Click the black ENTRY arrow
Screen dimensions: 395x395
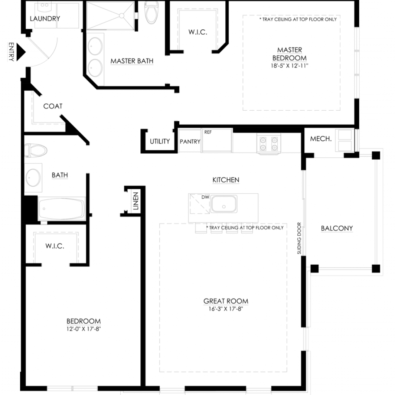click(x=21, y=52)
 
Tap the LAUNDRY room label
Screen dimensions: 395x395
click(x=45, y=19)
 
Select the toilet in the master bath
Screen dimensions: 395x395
click(x=151, y=12)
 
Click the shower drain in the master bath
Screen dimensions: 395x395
click(x=122, y=15)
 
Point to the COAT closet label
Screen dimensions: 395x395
click(x=53, y=106)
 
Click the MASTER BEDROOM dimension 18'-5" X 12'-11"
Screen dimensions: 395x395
click(x=289, y=66)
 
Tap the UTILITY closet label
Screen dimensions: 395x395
click(x=160, y=141)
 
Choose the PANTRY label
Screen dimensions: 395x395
click(x=190, y=142)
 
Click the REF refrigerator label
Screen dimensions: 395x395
click(x=208, y=132)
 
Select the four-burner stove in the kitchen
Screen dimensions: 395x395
click(x=268, y=143)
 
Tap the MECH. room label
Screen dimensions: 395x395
click(x=321, y=139)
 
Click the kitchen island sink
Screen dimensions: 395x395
click(x=224, y=204)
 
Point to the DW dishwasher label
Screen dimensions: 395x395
click(x=205, y=197)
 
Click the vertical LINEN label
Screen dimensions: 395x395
click(x=136, y=201)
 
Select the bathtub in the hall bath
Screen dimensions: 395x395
click(x=62, y=209)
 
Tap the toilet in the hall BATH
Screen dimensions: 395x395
click(x=35, y=150)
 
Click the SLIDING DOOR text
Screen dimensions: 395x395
click(x=299, y=238)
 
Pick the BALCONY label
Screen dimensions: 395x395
click(x=337, y=228)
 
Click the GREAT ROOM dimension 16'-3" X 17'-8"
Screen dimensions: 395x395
click(x=226, y=309)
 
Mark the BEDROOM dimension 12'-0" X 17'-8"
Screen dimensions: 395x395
click(x=84, y=329)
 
